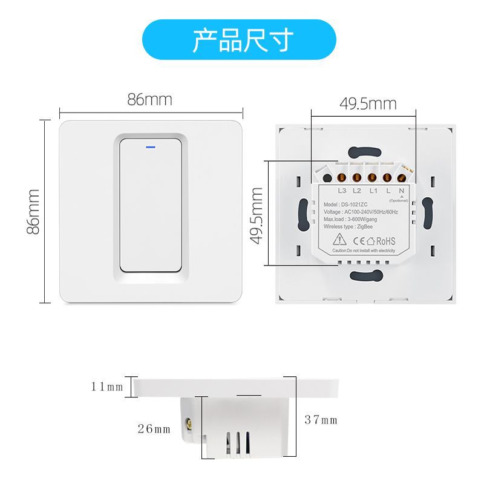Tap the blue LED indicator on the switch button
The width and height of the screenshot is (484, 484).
tap(149, 145)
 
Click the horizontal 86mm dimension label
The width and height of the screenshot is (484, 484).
tap(149, 100)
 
